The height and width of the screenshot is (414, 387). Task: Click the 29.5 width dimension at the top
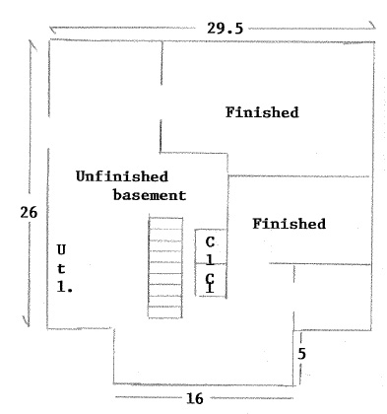[226, 29]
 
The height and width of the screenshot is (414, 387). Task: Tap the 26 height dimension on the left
[29, 213]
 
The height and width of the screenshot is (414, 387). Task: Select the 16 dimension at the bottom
[195, 398]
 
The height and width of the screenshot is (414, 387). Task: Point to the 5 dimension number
[301, 354]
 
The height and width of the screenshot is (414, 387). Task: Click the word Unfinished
[122, 176]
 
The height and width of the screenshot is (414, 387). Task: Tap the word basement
[150, 195]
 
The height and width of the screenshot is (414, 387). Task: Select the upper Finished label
[262, 112]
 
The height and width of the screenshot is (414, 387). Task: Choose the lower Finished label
[290, 224]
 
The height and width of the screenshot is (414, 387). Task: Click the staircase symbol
[165, 267]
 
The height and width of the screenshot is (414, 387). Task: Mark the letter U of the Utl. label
[61, 250]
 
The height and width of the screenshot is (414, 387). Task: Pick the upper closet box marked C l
[211, 246]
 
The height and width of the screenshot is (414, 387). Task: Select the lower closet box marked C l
[211, 280]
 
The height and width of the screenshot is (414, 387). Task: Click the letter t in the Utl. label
[61, 269]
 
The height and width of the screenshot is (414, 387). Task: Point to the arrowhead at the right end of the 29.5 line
[373, 26]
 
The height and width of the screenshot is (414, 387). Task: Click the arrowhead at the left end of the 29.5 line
[52, 30]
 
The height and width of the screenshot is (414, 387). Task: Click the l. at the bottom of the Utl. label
[65, 288]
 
